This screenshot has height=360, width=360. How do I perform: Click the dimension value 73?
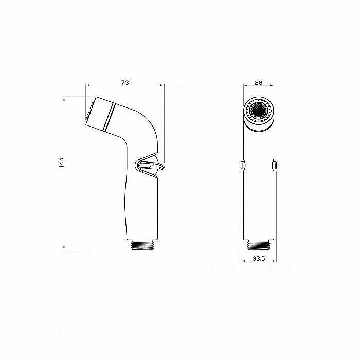pyautogui.click(x=125, y=82)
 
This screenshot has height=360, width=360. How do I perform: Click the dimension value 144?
pyautogui.click(x=61, y=163)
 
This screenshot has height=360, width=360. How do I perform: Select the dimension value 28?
pyautogui.click(x=259, y=83)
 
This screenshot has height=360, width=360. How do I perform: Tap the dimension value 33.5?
pyautogui.click(x=259, y=258)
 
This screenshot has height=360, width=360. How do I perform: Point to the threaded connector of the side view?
pyautogui.click(x=142, y=245)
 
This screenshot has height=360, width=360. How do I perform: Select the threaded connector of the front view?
pyautogui.click(x=259, y=245)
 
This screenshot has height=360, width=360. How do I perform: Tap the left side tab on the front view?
pyautogui.click(x=243, y=165)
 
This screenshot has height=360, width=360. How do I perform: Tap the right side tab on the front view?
pyautogui.click(x=275, y=165)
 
